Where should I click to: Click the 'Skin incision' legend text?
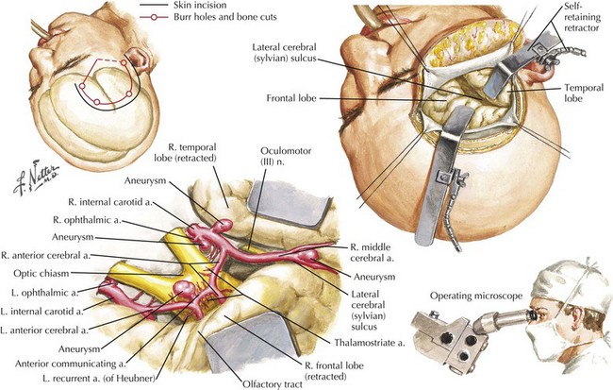pyautogui.click(x=200, y=5)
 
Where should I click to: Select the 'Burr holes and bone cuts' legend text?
pyautogui.click(x=225, y=17)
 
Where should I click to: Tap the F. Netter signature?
pyautogui.click(x=36, y=178)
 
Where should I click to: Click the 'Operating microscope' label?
pyautogui.click(x=476, y=296)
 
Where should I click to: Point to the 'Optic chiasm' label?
pyautogui.click(x=41, y=273)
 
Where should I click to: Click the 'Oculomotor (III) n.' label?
pyautogui.click(x=286, y=156)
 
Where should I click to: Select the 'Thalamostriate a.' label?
pyautogui.click(x=370, y=343)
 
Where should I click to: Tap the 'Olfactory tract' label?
pyautogui.click(x=273, y=383)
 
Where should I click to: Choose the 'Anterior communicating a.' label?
pyautogui.click(x=71, y=364)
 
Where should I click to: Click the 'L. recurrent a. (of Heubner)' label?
pyautogui.click(x=99, y=379)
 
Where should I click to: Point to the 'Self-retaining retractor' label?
pyautogui.click(x=582, y=17)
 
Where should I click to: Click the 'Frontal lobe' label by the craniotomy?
pyautogui.click(x=291, y=98)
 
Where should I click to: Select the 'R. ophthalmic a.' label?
pyautogui.click(x=87, y=220)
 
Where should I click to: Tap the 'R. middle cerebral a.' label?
pyautogui.click(x=371, y=252)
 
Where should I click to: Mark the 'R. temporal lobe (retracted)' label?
pyautogui.click(x=191, y=153)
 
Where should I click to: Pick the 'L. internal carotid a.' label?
pyautogui.click(x=42, y=312)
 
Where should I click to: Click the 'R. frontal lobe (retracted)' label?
pyautogui.click(x=334, y=371)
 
